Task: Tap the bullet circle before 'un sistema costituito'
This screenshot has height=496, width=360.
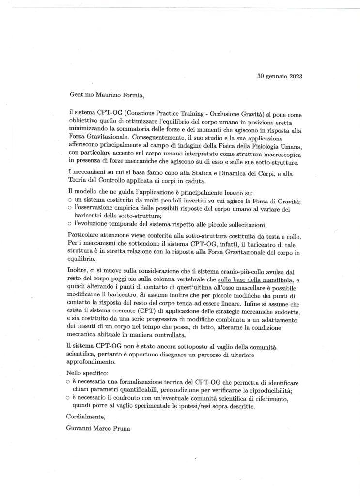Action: pos(69,200)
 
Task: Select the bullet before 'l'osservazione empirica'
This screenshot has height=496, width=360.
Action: pos(69,208)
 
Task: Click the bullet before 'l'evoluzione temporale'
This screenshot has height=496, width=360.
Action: pos(69,224)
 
